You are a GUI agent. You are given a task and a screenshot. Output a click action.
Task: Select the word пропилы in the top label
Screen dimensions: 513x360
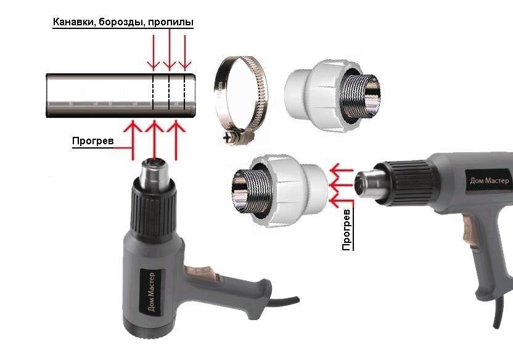171,23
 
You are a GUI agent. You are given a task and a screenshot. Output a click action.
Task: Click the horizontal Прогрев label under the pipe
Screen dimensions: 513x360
93,141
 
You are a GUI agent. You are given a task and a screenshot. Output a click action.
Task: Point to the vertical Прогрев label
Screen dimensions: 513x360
347,230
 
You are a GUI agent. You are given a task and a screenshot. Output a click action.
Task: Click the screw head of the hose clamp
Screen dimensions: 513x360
228,138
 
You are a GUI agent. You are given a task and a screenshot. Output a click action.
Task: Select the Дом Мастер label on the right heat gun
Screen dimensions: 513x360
490,181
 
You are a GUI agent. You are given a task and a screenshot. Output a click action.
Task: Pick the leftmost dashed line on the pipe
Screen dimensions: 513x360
153,93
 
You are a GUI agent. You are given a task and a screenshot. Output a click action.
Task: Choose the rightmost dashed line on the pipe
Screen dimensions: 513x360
185,93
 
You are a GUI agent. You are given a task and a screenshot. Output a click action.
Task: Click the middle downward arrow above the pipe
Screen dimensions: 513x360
170,50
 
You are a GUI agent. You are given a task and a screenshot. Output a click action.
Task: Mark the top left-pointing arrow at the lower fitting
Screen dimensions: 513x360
341,170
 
